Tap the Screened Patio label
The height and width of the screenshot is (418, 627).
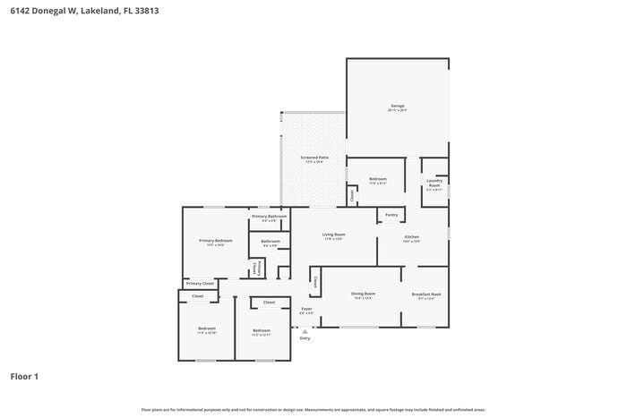pos(313,158)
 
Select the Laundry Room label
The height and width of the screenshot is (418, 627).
pos(434,183)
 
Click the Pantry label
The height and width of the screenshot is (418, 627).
pos(391,215)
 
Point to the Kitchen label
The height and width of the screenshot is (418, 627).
pos(411,238)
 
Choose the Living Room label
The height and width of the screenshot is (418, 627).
pos(334,235)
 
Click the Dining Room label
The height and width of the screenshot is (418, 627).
pos(363,294)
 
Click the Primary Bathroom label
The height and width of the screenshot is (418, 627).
pos(269,217)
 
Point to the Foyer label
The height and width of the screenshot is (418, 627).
pos(306,310)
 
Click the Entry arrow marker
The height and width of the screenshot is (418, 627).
pos(305,330)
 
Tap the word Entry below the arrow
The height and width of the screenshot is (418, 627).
pos(305,338)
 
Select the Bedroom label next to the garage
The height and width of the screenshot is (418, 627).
pos(378,180)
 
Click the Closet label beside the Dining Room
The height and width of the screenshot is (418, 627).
pos(316,282)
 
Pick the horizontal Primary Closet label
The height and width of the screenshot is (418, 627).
pos(200,284)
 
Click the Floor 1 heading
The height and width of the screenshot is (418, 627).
pos(24,377)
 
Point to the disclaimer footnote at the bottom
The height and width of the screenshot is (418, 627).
pos(313,409)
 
